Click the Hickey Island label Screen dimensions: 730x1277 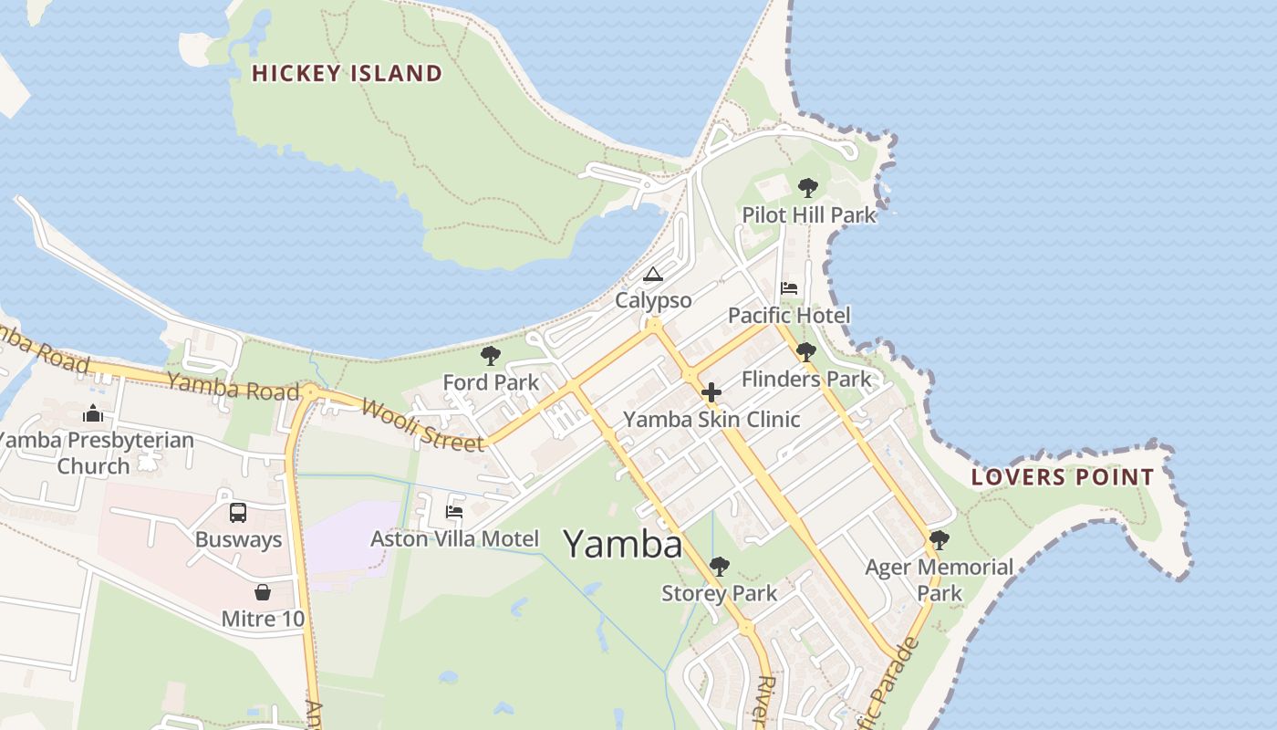coord(347,73)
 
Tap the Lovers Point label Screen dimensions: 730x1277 coord(1062,476)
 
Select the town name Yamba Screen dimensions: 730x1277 coord(623,545)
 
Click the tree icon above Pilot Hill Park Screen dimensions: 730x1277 coord(807,188)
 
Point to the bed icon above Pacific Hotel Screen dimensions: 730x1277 coord(789,288)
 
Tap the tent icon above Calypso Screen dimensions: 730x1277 coord(653,274)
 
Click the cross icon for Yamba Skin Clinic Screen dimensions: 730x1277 coord(711,393)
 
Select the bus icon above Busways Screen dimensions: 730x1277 coord(238,513)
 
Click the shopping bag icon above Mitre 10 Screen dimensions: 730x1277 coord(263,592)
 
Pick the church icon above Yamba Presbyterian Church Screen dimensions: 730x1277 coord(93,413)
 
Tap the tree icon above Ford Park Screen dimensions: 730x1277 coord(491,355)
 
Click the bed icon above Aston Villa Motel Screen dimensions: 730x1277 coord(454,512)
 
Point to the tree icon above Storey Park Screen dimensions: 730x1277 coord(720,567)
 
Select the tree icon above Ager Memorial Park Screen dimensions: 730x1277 coord(939,539)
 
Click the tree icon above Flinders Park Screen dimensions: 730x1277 coord(805,351)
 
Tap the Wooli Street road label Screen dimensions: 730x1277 coord(422,425)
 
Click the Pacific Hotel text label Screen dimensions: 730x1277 coord(789,316)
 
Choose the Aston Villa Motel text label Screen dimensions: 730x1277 coord(454,539)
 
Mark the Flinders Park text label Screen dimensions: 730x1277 coord(806,379)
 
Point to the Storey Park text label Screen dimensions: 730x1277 coord(720,594)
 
